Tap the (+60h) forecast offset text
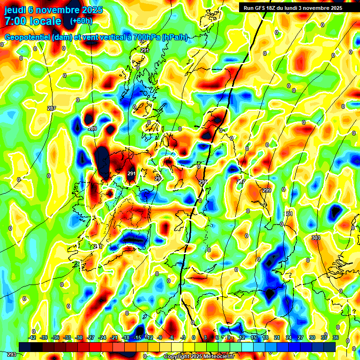pos(81,21)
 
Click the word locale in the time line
pos(44,21)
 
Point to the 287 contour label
pos(52,108)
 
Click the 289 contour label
pos(92,129)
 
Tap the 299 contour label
pos(267,190)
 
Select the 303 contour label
pos(316,238)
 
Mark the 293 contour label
pos(11,355)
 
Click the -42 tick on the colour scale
pos(32,337)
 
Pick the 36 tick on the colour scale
pos(336,337)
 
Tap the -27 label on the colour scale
pos(90,337)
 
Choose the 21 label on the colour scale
pos(277,337)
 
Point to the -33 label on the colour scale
pos(67,337)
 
